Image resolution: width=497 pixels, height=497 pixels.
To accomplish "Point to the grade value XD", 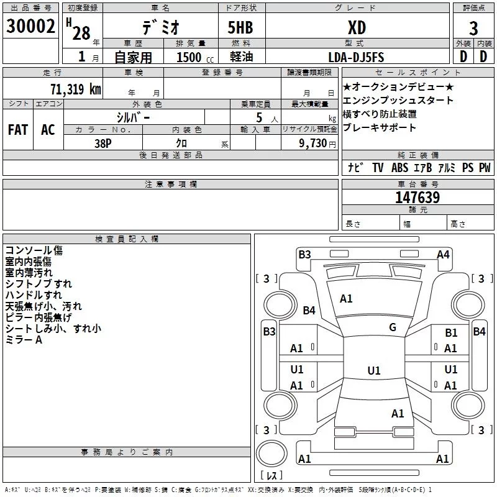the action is [x=357, y=27].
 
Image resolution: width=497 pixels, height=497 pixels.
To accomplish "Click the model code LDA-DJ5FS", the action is [x=357, y=57].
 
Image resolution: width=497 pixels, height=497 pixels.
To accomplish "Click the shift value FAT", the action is [x=17, y=130].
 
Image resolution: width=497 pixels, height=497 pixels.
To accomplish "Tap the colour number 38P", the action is [x=103, y=143].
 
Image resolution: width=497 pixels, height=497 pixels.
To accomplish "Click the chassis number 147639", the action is [x=417, y=198].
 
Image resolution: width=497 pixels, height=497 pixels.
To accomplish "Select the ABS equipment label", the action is [x=399, y=168].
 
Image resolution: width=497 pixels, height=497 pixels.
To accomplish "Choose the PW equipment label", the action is [x=485, y=168].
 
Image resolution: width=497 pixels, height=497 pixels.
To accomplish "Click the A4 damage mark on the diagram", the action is [x=443, y=254].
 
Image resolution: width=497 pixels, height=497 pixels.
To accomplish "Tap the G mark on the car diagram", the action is [x=393, y=327].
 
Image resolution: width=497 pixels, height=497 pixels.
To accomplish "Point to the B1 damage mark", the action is [x=451, y=334].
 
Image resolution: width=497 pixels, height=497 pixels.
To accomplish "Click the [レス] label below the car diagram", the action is [x=271, y=476].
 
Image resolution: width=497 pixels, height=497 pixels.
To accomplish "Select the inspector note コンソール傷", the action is [x=34, y=250].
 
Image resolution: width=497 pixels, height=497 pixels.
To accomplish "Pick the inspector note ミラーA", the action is [x=24, y=340].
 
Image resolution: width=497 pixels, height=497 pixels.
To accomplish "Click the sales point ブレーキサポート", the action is [x=380, y=128].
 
